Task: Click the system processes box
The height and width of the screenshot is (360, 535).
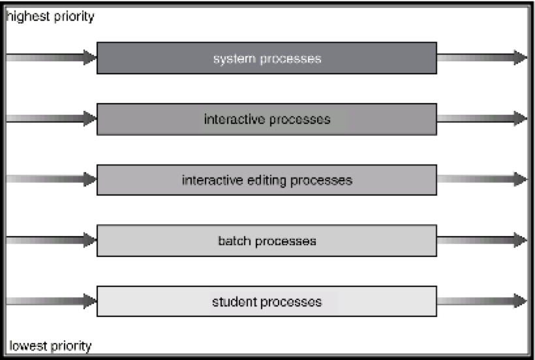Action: pos(267,58)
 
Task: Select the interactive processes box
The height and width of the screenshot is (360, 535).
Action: pos(267,119)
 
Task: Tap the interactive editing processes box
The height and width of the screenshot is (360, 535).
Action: pos(267,180)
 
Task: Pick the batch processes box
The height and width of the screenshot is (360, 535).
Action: pos(267,241)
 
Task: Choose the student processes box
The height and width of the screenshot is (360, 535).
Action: pos(267,301)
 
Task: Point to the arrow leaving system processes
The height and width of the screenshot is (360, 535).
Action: pos(481,57)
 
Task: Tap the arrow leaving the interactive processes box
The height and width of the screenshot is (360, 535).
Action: pos(481,118)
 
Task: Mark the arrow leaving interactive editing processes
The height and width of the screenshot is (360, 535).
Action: pos(481,179)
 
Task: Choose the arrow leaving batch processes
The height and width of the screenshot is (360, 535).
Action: pos(481,240)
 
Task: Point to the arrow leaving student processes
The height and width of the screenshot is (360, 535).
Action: pos(481,301)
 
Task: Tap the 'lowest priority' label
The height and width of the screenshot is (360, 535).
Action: pos(50,346)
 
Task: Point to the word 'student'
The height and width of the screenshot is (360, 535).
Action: pos(232,301)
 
